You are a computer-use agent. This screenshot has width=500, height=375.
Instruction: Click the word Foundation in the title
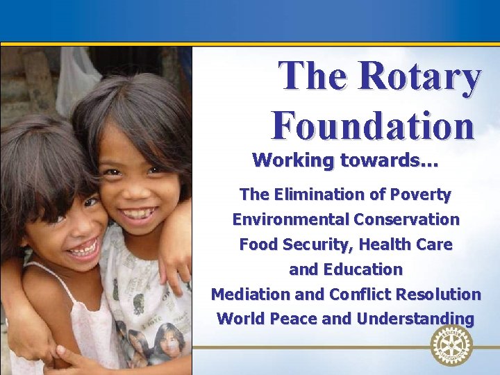point(373,125)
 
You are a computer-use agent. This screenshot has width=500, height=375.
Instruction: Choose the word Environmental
point(290,219)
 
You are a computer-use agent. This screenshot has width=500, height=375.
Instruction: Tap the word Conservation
point(406,219)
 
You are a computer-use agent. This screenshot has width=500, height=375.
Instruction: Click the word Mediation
point(251,294)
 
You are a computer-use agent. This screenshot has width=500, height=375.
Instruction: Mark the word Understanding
point(415,319)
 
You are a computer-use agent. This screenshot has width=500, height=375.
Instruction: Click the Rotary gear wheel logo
point(451,345)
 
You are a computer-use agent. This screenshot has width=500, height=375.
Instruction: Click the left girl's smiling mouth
point(83,249)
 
